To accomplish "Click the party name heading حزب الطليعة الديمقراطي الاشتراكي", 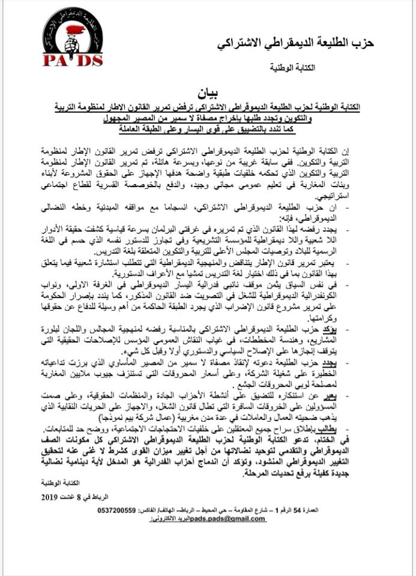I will point(295,44).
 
